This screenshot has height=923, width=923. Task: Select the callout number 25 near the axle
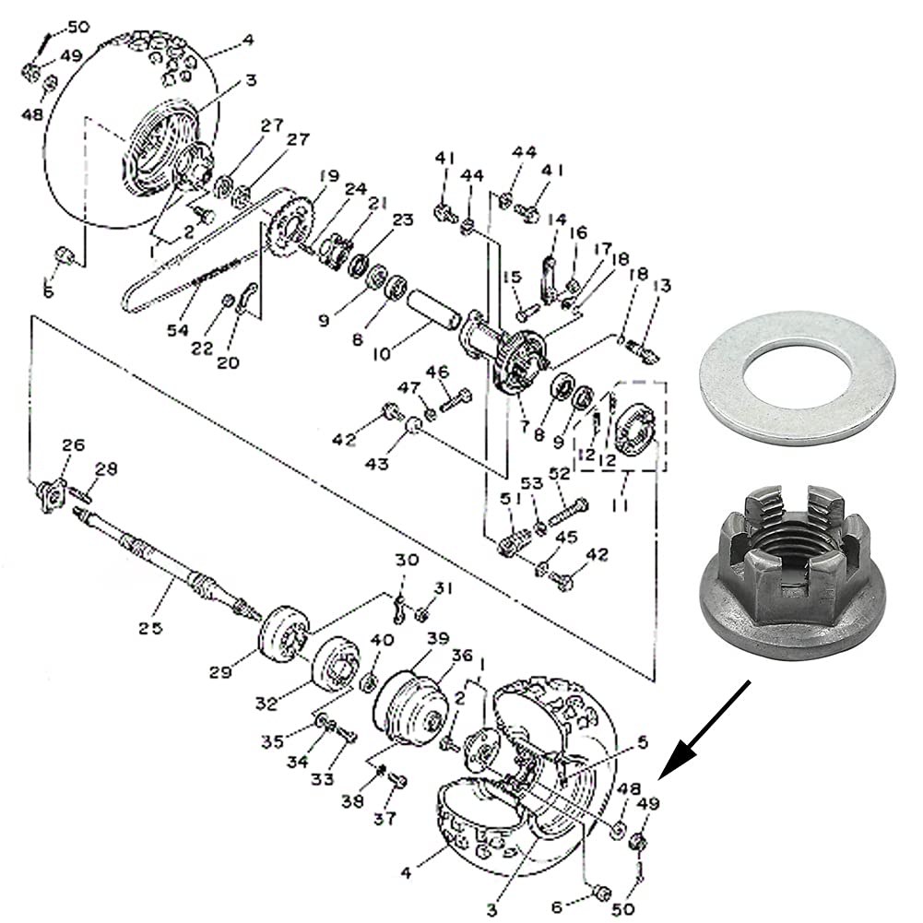150,628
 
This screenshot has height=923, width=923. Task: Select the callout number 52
560,473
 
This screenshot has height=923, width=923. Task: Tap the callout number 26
73,445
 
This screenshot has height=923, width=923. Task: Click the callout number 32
267,704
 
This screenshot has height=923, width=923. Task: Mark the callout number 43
376,464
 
